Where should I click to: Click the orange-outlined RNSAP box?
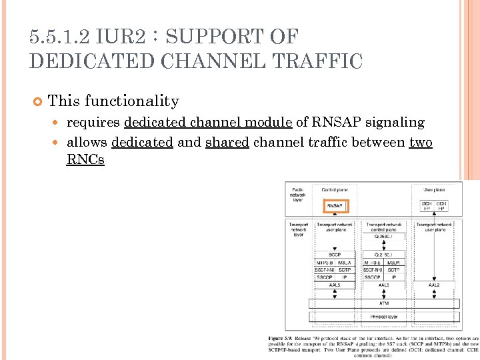pos(335,206)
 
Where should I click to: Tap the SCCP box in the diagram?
pos(335,254)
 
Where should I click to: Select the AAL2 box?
pos(434,285)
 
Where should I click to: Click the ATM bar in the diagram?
pos(383,302)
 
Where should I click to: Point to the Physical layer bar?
pos(383,317)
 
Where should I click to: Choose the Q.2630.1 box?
pos(384,236)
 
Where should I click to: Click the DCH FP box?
pos(427,206)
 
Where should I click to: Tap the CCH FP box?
pos(441,206)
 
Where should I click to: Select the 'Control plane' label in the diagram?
pos(334,190)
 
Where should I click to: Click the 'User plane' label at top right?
pos(434,190)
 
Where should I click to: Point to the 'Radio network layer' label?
pos(298,195)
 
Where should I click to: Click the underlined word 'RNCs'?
pos(85,160)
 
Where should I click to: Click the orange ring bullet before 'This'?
pos(37,101)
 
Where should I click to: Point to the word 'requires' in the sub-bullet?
pos(93,123)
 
